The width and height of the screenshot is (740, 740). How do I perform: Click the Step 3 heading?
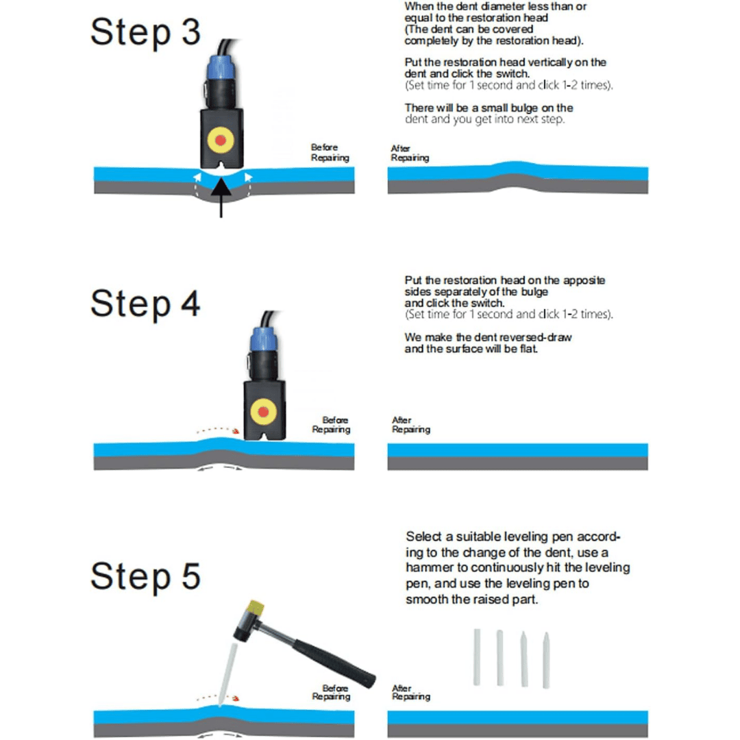pyautogui.click(x=145, y=32)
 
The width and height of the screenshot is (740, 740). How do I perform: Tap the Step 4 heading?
pyautogui.click(x=145, y=304)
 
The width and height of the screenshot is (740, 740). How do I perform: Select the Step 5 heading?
pyautogui.click(x=145, y=576)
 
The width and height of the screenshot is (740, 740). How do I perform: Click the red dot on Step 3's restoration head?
pyautogui.click(x=221, y=140)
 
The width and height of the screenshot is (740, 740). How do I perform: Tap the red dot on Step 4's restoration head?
pyautogui.click(x=263, y=412)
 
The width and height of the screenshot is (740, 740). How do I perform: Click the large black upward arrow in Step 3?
pyautogui.click(x=221, y=197)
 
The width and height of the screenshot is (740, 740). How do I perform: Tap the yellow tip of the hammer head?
pyautogui.click(x=256, y=607)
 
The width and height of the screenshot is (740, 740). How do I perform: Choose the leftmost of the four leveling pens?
pyautogui.click(x=477, y=657)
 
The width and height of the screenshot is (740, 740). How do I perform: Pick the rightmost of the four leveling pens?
pyautogui.click(x=546, y=661)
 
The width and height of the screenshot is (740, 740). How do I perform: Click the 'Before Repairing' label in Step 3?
pyautogui.click(x=330, y=152)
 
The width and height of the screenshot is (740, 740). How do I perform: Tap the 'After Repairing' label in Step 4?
pyautogui.click(x=410, y=425)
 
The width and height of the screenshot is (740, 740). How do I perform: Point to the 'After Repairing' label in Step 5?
pyautogui.click(x=410, y=692)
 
